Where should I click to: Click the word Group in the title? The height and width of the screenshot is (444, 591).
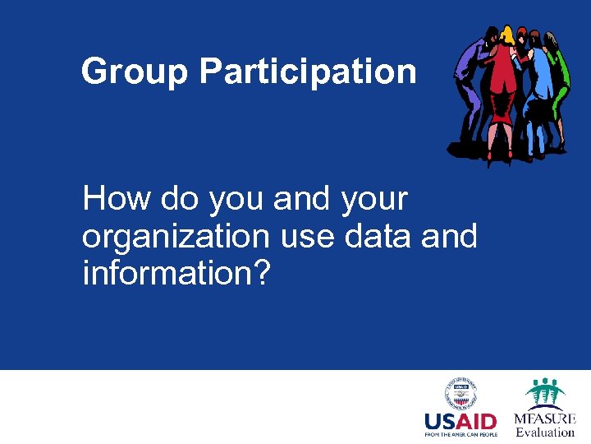135,72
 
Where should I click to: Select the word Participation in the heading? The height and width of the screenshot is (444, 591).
307,72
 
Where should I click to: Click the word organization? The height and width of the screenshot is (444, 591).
176,237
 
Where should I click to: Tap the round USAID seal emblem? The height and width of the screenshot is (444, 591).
460,394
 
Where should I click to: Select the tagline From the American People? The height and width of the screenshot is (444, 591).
460,435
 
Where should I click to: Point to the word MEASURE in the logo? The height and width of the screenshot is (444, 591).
545,418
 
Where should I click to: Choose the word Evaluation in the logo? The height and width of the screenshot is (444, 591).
545,432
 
